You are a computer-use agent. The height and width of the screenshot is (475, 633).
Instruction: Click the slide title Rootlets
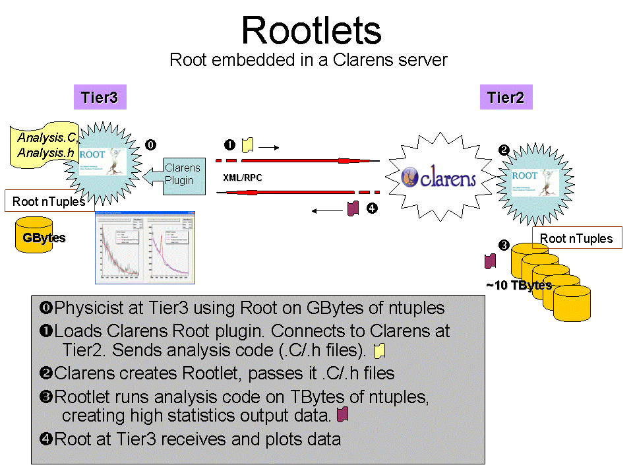[x=311, y=30]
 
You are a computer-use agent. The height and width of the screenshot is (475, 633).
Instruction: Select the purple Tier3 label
[x=100, y=98]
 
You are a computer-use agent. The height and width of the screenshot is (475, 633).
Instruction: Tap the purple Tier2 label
[x=506, y=98]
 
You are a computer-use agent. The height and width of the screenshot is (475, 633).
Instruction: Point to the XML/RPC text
[x=243, y=178]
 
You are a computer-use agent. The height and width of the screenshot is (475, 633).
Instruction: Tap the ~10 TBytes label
[x=518, y=286]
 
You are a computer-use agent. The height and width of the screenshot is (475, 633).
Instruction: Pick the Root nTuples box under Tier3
[x=49, y=202]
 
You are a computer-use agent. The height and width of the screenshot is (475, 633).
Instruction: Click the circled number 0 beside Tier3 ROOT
[x=151, y=144]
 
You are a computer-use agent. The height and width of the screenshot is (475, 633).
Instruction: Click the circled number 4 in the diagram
[x=372, y=208]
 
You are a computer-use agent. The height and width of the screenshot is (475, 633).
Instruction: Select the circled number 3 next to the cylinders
[x=504, y=246]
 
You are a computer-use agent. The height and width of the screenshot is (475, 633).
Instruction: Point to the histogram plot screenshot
[x=145, y=247]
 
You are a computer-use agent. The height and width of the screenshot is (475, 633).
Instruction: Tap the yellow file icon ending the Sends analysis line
[x=378, y=350]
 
